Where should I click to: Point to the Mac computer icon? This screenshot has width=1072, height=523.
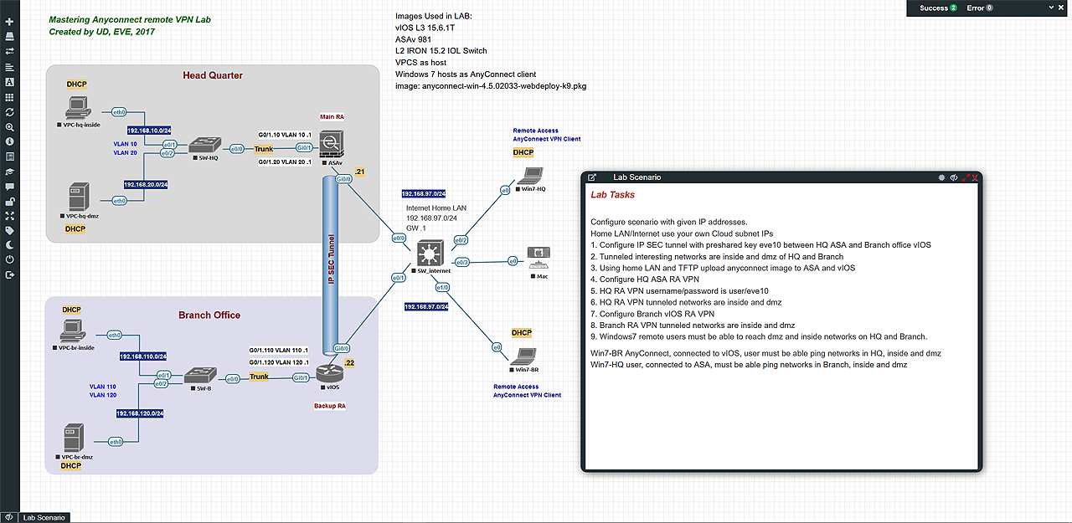point(537,259)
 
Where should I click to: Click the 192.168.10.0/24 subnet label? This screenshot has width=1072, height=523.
point(149,131)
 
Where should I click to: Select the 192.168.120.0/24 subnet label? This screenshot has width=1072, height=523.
point(140,413)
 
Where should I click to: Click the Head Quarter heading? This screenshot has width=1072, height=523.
point(213,75)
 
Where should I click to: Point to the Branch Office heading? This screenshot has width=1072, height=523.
point(209,315)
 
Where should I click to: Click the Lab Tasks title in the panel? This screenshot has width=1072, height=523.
point(613,195)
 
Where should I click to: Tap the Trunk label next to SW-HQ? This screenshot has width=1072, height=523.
point(264,149)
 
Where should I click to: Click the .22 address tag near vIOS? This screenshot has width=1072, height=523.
point(349,363)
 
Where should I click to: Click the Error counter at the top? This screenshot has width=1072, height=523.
point(979,8)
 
